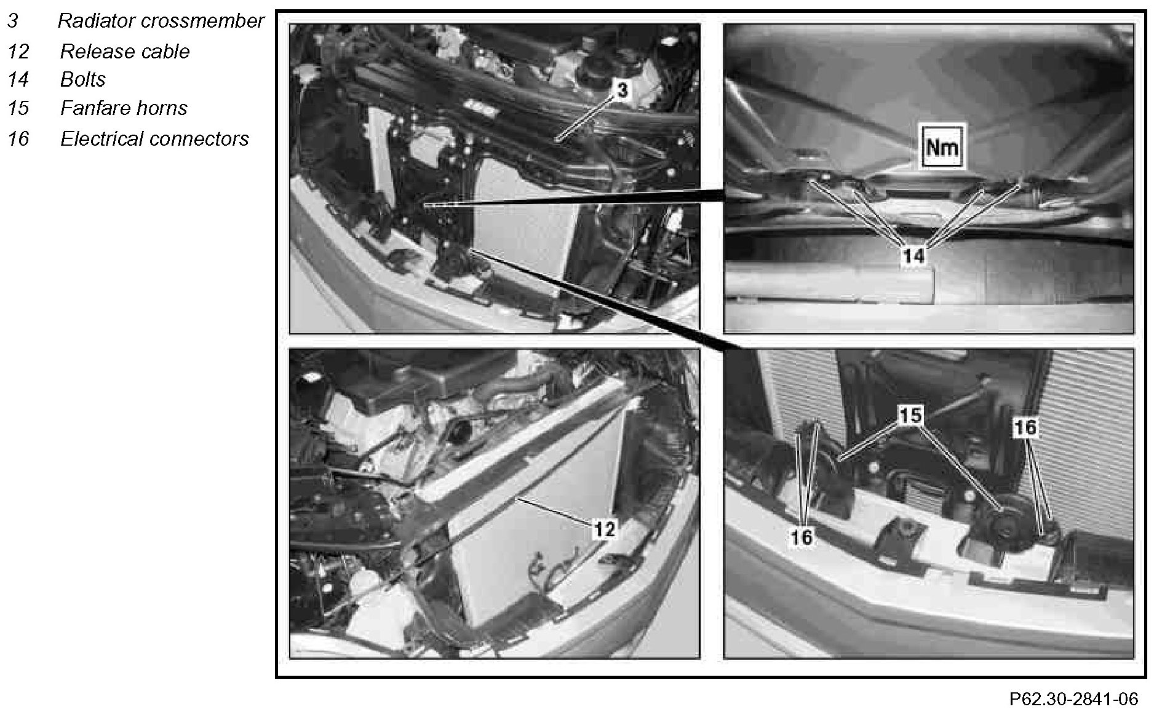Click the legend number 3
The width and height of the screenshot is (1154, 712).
coord(13,21)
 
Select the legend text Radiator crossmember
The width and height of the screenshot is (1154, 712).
coord(161,21)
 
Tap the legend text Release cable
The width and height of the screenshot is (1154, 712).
coord(125,51)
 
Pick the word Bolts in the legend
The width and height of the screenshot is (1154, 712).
coord(83,79)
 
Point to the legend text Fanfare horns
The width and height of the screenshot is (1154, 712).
coord(124,108)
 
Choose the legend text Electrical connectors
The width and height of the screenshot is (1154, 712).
coord(154,139)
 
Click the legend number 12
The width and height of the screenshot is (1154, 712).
coord(18,51)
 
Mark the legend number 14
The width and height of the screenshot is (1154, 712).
coord(18,79)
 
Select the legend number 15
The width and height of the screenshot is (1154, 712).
coord(18,108)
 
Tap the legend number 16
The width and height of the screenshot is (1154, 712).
coord(18,139)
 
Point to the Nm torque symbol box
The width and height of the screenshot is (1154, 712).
coord(942,147)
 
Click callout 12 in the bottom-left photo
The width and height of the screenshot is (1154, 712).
coord(604,528)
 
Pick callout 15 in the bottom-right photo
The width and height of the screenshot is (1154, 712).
coord(911,416)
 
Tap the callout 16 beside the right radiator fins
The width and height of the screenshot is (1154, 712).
coord(1025,427)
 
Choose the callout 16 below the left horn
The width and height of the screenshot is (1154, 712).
coord(802,537)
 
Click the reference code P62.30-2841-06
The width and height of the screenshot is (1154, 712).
coord(1073,699)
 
